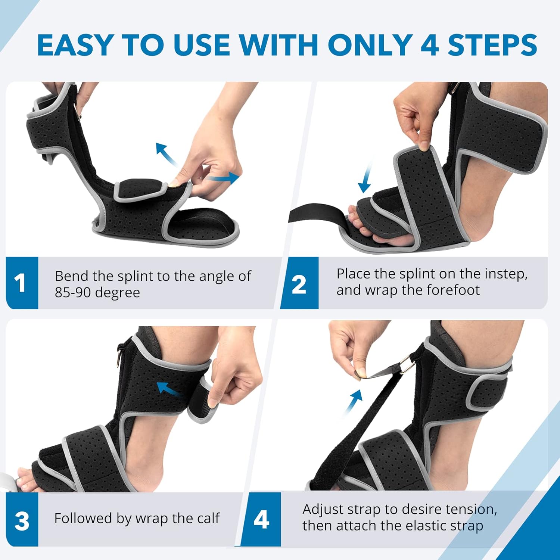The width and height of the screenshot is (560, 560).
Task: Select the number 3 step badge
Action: point(22,520)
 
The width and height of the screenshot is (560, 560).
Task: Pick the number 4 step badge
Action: point(261,519)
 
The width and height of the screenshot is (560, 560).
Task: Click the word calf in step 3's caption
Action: point(207,518)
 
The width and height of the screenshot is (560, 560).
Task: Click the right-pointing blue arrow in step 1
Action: point(226,178)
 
